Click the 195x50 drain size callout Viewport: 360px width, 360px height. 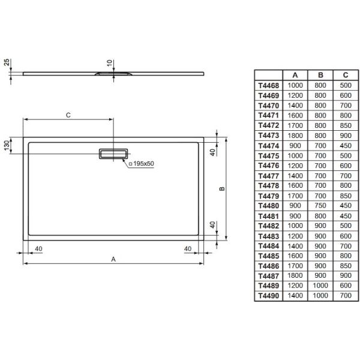(142, 164)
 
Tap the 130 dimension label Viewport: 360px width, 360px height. (7, 145)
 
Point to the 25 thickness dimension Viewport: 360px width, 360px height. (7, 62)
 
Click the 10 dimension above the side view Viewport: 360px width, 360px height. (110, 63)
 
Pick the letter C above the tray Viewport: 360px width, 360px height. (68, 115)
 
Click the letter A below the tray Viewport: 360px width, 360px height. (113, 259)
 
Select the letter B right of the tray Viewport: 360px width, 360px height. (222, 189)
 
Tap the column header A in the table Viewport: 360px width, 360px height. (295, 75)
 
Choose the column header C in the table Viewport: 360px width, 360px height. (346, 75)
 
